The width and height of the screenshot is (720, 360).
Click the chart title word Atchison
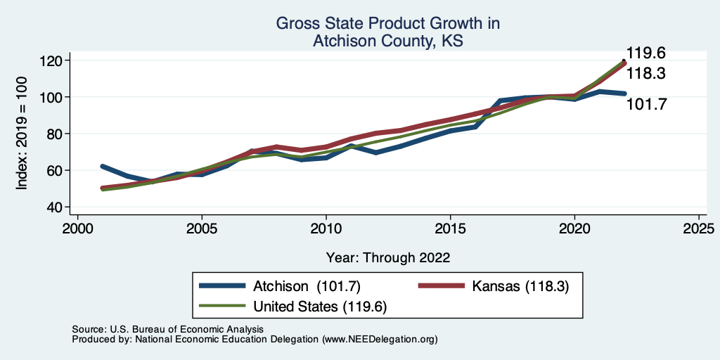tap(342, 41)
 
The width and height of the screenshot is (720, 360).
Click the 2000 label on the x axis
tap(77, 229)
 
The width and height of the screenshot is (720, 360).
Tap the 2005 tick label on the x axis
tap(202, 229)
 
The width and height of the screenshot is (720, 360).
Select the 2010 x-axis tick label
tap(326, 229)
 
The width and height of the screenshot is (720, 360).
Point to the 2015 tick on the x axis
tap(450, 229)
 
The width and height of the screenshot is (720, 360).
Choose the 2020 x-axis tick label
tap(574, 229)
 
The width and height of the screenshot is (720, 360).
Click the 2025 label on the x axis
tap(699, 229)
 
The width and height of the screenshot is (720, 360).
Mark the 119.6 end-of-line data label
tap(647, 53)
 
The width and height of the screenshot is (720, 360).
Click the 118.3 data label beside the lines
tap(647, 73)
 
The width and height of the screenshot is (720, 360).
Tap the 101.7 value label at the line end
tap(647, 104)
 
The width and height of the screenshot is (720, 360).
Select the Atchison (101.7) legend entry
tap(280, 286)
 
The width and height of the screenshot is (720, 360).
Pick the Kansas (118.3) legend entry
tap(494, 286)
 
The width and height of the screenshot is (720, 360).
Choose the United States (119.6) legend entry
tap(293, 307)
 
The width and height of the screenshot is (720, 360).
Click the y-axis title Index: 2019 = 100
tap(22, 133)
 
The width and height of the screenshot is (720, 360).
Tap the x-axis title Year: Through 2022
tap(388, 257)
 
